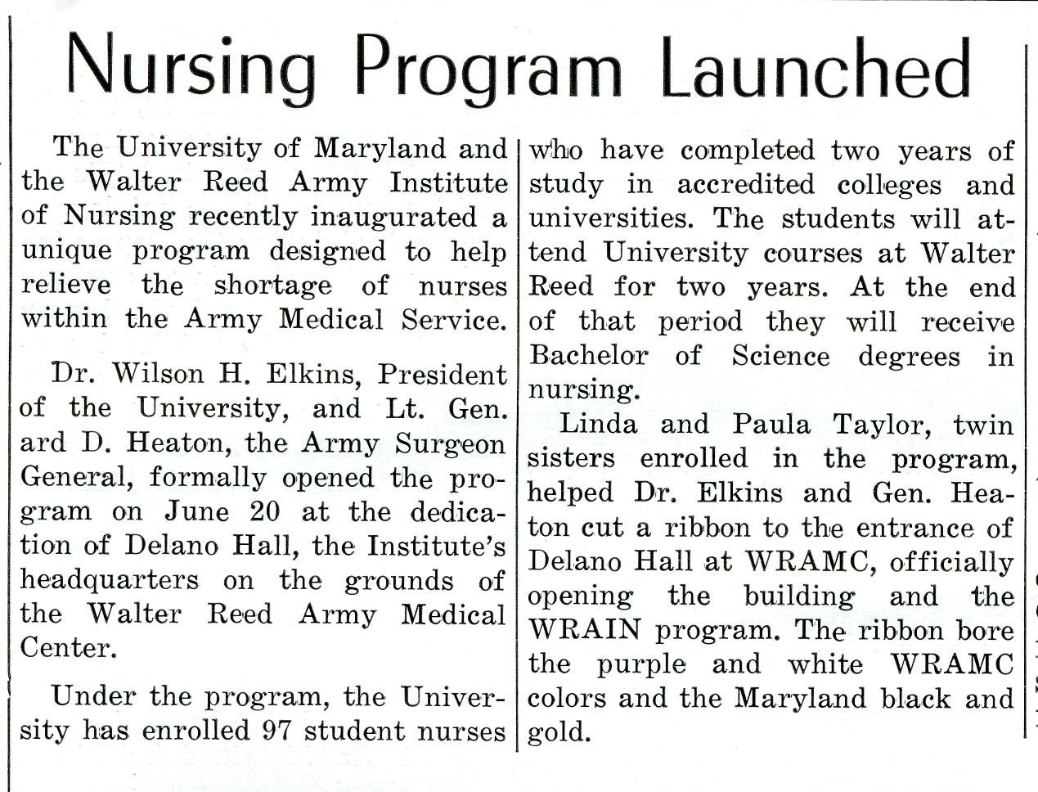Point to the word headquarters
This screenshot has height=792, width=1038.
pos(110,580)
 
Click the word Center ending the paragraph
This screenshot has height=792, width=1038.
pos(64,648)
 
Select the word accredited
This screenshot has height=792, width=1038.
pos(745,185)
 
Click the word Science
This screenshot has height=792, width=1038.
pos(780,355)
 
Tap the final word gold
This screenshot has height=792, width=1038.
pos(559,731)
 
